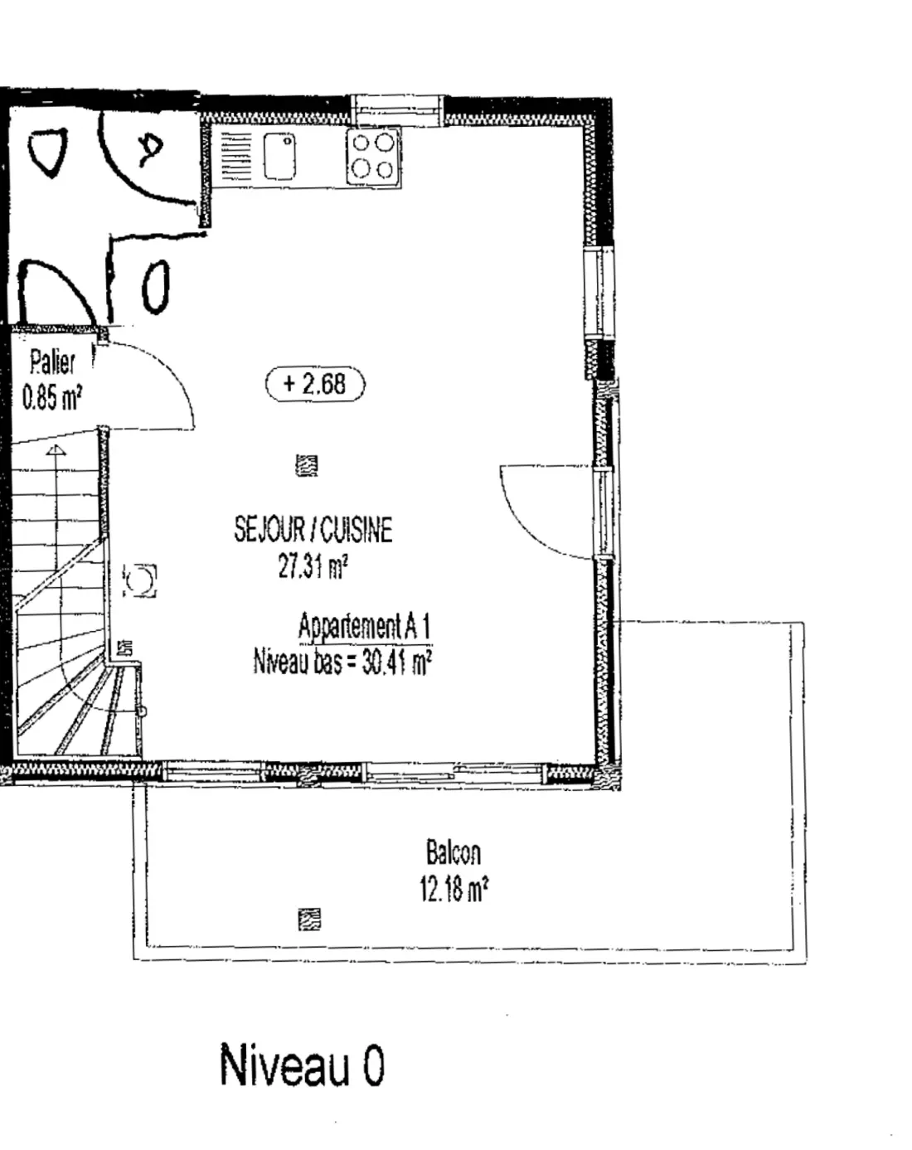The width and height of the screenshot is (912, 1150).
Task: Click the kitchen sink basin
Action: coord(279,156)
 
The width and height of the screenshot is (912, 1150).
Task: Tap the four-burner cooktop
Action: coord(373,157)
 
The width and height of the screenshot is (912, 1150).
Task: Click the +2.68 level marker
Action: coord(315,384)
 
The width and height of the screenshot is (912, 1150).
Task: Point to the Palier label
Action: coord(52,361)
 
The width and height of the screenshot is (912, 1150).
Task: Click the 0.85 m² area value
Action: coord(52,398)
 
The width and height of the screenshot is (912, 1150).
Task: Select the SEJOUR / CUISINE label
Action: coord(313,530)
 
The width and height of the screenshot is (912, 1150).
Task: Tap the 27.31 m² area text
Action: coord(313,566)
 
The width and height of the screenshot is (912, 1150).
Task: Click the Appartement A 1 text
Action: coord(365,626)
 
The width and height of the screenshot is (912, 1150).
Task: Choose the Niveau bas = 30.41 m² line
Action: coord(342,662)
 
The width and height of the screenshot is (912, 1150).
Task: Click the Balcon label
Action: coord(454,852)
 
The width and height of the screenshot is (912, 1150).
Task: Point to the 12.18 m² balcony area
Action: coord(454,889)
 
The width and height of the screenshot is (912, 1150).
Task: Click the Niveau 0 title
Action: coord(302,1064)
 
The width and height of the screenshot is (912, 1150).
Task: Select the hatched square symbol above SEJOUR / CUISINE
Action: coord(307,465)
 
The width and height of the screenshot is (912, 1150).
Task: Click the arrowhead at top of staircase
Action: coord(56,450)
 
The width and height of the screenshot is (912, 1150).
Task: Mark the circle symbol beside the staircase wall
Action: coord(140,580)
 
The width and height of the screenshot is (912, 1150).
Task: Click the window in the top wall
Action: coord(397,111)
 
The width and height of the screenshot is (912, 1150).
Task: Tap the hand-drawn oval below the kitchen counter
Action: coord(156,287)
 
